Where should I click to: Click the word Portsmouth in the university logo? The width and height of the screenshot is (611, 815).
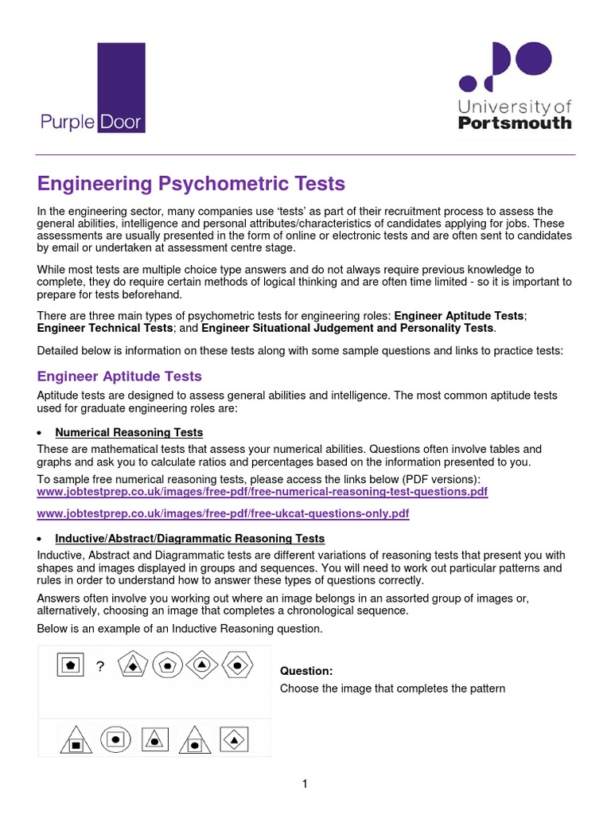coord(515,123)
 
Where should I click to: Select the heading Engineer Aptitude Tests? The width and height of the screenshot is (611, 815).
coord(119,376)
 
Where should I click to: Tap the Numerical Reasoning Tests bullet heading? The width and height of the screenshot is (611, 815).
coord(129,432)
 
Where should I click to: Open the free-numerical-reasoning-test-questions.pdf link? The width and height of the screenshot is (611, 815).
coord(263,493)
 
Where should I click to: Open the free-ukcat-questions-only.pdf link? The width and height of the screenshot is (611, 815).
coord(223,514)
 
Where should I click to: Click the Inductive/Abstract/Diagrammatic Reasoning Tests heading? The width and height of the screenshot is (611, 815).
coord(189,539)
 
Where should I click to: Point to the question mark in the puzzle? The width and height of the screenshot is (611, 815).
coord(100,667)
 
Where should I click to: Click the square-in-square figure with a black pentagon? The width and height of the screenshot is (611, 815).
coord(71,663)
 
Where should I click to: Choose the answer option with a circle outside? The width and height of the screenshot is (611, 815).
coord(115,739)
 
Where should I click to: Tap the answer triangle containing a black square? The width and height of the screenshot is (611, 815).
coord(76,742)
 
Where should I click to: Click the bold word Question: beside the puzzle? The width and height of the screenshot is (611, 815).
coord(306,671)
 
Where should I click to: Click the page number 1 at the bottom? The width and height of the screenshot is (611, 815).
coord(305,784)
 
